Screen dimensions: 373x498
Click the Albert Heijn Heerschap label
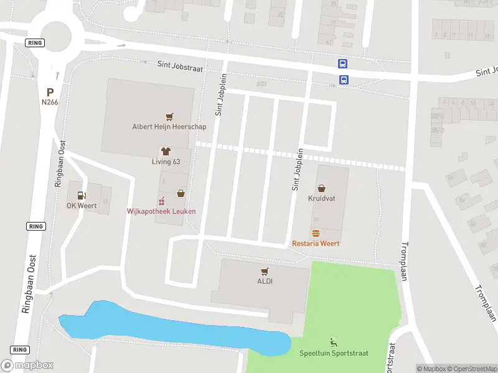tap(169, 126)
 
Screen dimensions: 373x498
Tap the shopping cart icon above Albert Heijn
tap(169, 116)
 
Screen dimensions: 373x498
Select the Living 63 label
tap(166, 162)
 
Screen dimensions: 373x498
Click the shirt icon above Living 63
tap(166, 152)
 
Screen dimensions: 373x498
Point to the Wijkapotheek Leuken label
tap(161, 211)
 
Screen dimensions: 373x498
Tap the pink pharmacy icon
tap(161, 201)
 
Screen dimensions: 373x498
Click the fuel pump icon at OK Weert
tap(81, 195)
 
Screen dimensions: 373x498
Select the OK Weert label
tap(81, 206)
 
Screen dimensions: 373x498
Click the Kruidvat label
tap(321, 199)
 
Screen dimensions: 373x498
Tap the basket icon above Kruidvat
tap(321, 188)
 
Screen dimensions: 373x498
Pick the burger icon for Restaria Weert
tap(316, 233)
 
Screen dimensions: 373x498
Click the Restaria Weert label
tap(316, 243)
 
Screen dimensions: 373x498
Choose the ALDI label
tap(265, 281)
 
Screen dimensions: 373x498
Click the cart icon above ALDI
tap(265, 271)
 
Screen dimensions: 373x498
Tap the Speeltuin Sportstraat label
tap(334, 353)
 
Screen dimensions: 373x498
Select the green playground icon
tap(334, 342)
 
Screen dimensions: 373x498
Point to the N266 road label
tap(50, 102)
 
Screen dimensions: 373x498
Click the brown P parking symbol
tap(50, 92)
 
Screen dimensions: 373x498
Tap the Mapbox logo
tap(27, 366)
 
